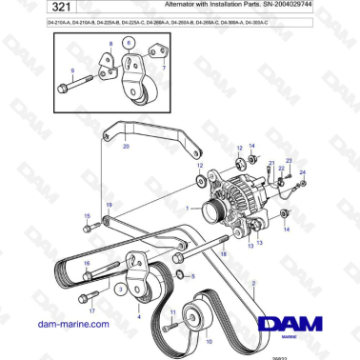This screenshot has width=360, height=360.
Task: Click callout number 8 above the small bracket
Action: (110, 45)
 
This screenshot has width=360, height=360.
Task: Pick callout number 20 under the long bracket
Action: (126, 147)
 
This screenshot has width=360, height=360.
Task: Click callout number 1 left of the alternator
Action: (189, 208)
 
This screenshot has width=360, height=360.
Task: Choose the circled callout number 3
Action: (121, 286)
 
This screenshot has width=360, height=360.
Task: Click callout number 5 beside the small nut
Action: (194, 277)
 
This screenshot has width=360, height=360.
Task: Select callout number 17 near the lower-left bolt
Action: (93, 310)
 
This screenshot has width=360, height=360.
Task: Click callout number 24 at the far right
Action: (303, 172)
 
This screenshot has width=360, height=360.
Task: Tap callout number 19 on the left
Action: (109, 205)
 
